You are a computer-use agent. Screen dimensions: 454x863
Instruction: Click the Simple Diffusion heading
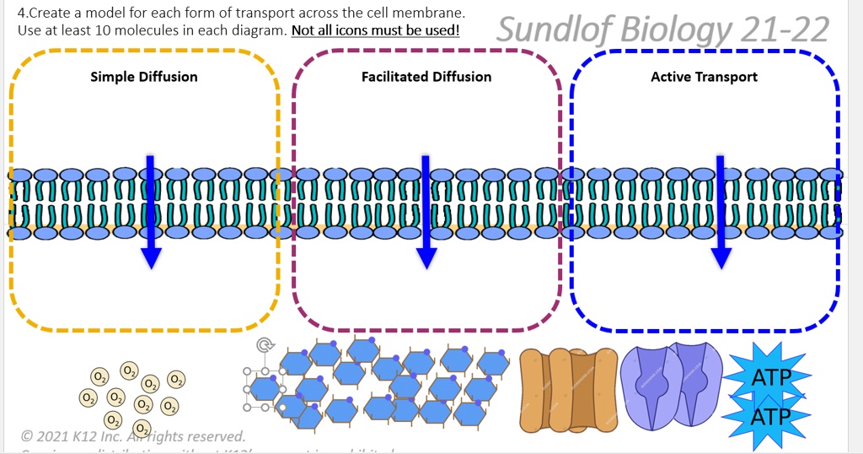click(x=143, y=77)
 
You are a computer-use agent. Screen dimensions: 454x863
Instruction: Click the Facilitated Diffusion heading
click(x=426, y=77)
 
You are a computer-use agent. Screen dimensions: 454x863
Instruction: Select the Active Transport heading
click(x=704, y=77)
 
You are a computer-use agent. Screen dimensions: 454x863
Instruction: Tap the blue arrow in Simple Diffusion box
click(x=151, y=211)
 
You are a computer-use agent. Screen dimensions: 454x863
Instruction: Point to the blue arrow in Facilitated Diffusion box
click(x=426, y=211)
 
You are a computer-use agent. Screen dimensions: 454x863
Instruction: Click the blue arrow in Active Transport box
click(x=721, y=211)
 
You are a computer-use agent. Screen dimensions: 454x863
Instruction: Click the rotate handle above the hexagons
click(x=265, y=345)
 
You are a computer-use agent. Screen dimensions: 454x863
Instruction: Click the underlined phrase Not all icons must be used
click(x=376, y=30)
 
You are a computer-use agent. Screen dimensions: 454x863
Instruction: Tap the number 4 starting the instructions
click(x=21, y=14)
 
